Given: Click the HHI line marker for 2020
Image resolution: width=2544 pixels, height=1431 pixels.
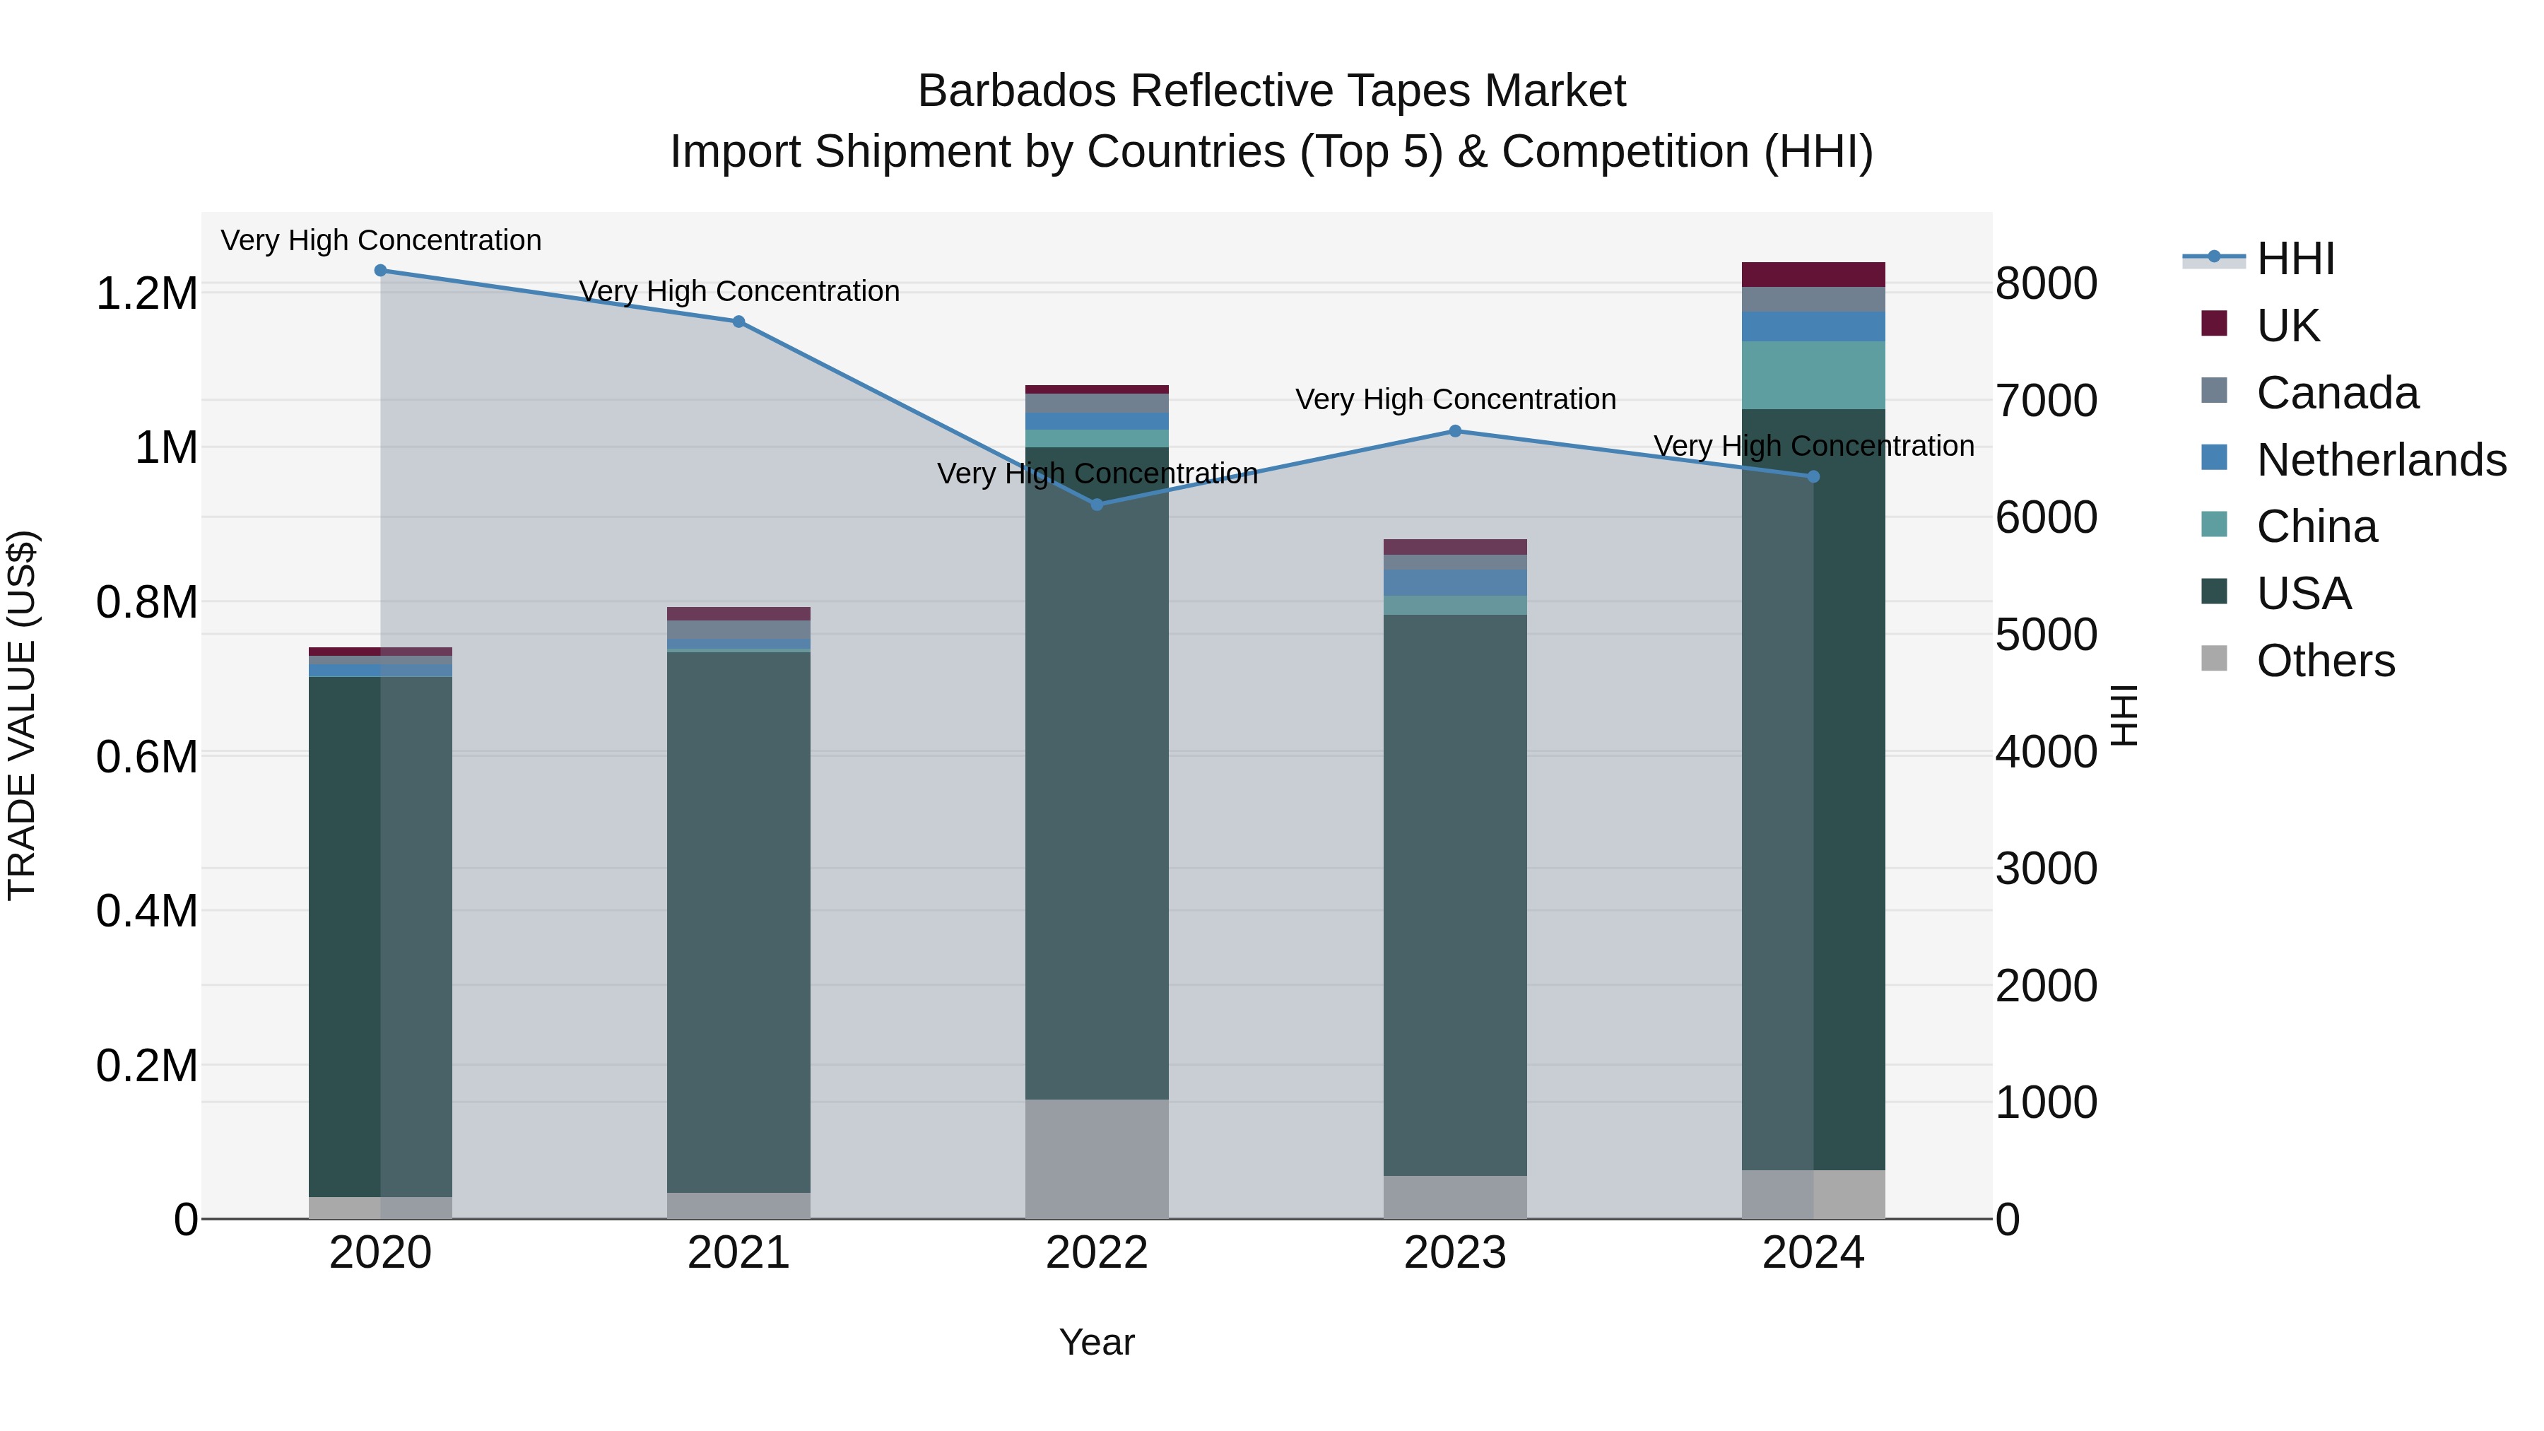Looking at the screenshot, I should point(380,270).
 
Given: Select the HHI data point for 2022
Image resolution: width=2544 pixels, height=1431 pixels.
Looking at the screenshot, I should point(1096,505).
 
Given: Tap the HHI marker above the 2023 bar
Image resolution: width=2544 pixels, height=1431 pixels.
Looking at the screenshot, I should point(1455,430).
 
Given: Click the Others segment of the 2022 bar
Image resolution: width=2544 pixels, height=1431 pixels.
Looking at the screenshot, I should point(1096,1158).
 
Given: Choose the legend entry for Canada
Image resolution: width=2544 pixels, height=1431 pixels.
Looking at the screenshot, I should point(2337,393).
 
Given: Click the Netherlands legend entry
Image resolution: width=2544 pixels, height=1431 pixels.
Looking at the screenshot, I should point(2380,460).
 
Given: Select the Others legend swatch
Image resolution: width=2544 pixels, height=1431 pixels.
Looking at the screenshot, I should point(2214,659).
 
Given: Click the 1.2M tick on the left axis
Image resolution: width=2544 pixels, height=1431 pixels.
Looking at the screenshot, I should point(146,294).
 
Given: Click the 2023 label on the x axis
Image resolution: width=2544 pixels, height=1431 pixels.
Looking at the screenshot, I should point(1455,1253).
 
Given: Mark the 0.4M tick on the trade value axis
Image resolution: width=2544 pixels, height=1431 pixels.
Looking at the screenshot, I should point(146,911).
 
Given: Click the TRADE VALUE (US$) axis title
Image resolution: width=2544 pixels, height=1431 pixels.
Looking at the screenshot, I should point(22,715).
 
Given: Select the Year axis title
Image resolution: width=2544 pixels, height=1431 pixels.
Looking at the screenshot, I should point(1096,1342).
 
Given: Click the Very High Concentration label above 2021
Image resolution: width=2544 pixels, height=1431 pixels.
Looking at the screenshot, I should point(738,291).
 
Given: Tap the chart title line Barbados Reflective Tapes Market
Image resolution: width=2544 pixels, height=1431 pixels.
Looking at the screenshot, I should point(1271,91).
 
